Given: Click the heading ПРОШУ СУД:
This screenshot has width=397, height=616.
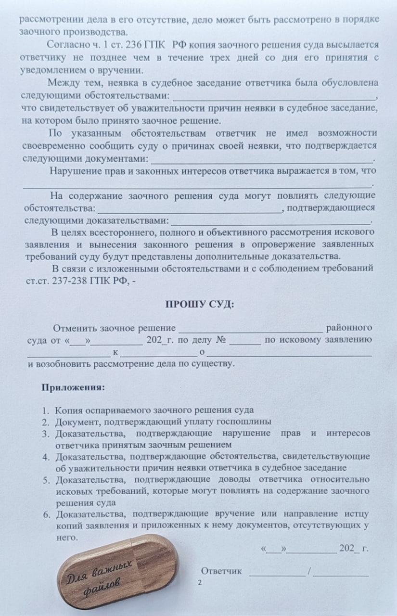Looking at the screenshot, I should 199,304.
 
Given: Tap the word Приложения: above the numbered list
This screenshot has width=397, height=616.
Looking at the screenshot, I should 73,387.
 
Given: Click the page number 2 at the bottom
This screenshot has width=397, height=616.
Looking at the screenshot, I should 200,583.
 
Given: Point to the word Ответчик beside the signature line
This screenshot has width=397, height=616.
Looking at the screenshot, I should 221,571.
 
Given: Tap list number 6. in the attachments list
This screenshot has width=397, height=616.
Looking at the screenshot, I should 47,514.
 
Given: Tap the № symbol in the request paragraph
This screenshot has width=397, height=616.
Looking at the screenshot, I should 221,340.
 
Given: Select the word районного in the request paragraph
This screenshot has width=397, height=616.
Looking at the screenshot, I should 349,328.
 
